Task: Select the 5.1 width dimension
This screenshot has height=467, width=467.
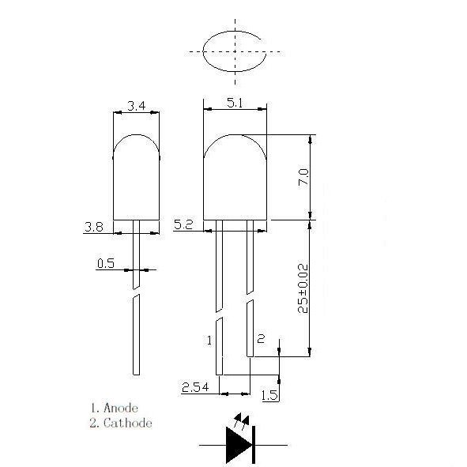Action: click(x=235, y=102)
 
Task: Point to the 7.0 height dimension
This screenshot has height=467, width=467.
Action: click(x=303, y=176)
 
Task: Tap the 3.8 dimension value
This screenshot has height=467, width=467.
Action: click(x=93, y=228)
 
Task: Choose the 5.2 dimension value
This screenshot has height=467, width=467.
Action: click(x=183, y=225)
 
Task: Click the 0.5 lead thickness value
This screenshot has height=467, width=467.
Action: click(x=106, y=264)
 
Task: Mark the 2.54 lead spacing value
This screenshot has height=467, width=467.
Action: click(x=195, y=387)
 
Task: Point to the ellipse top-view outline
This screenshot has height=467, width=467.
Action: click(x=235, y=52)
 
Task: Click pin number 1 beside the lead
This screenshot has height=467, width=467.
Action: click(x=209, y=341)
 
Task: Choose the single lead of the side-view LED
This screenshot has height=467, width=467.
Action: click(x=136, y=332)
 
